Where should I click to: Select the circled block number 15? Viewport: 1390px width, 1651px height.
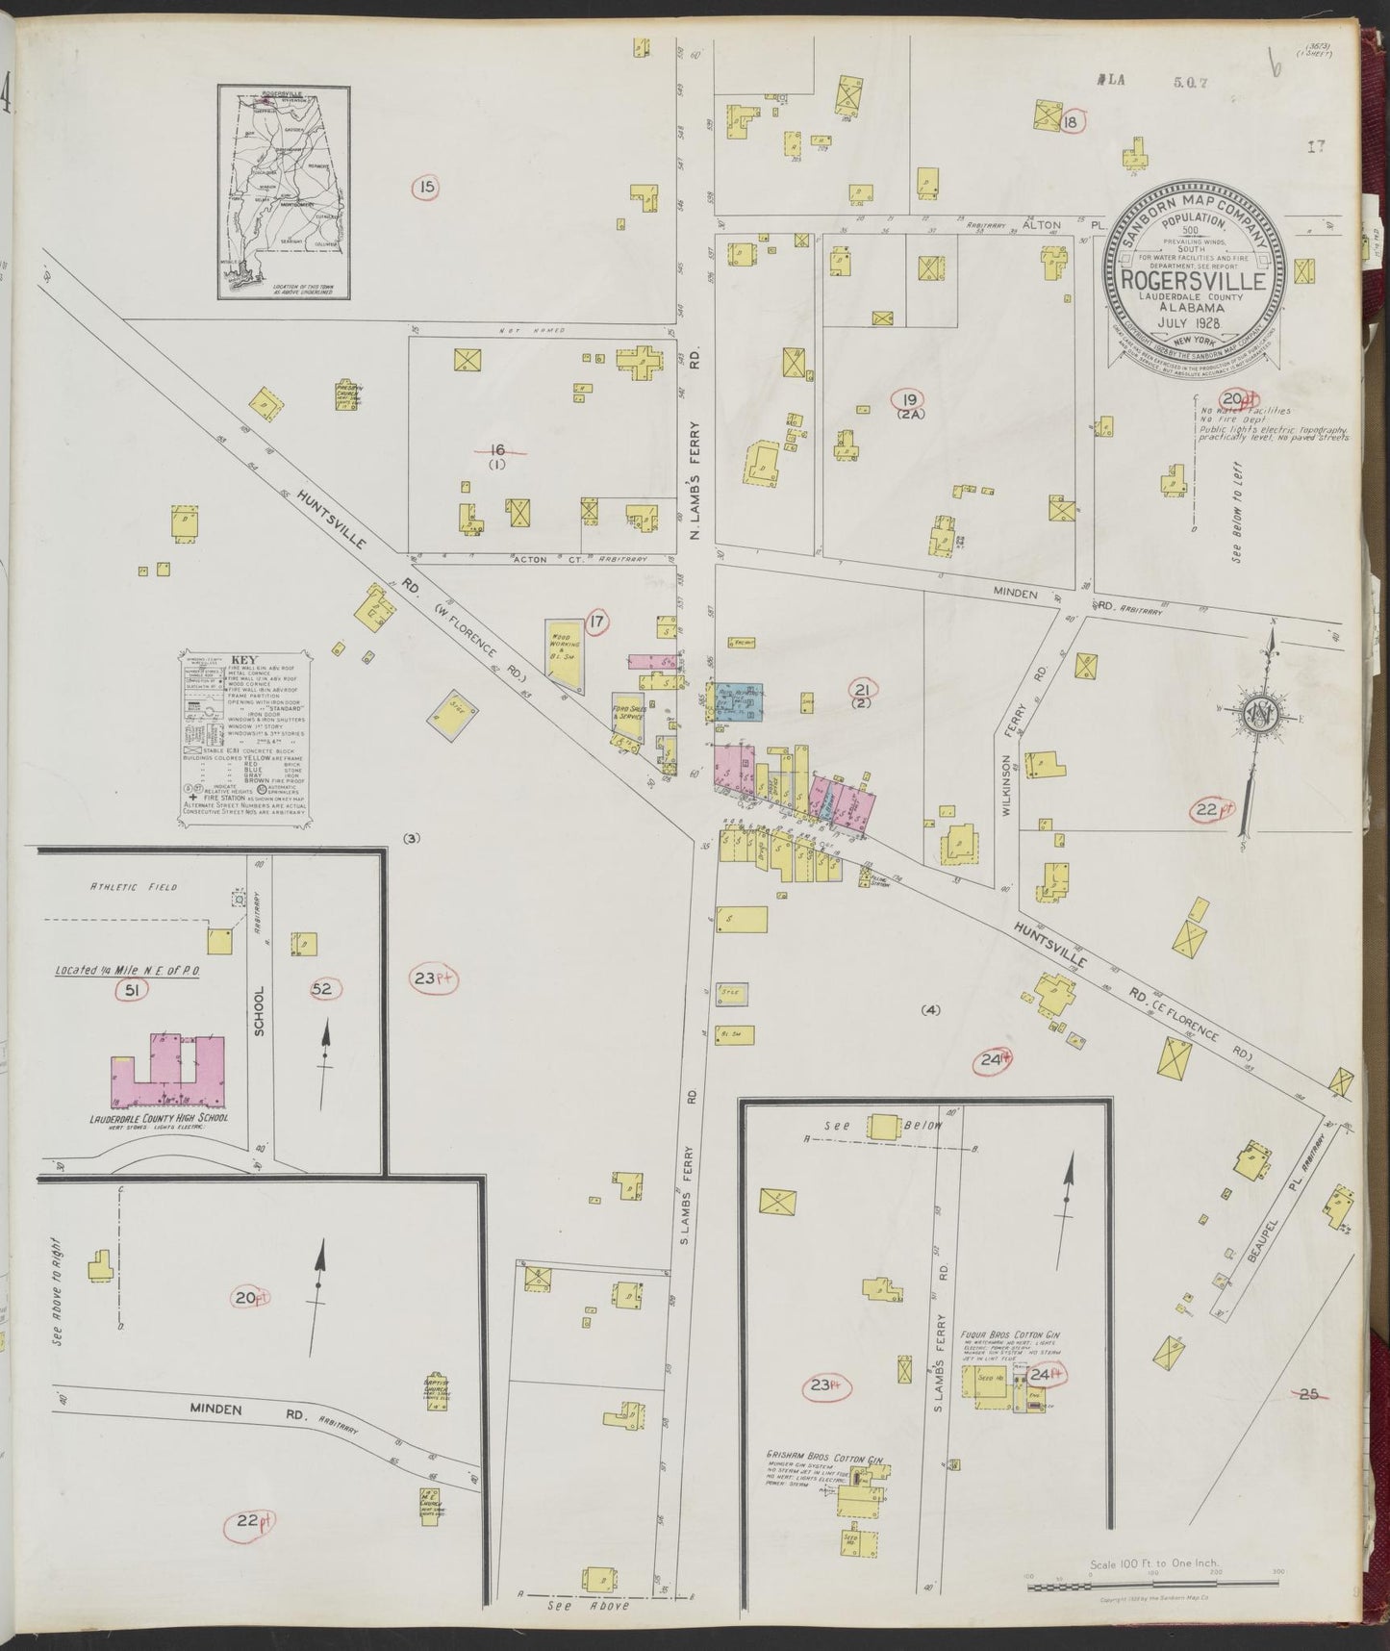(x=424, y=187)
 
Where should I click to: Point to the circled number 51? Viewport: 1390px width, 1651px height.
(x=129, y=990)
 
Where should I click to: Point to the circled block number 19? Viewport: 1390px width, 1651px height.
(x=906, y=399)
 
